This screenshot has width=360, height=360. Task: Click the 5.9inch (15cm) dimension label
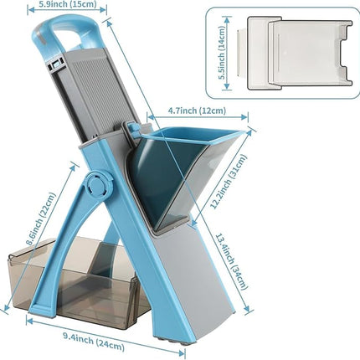(67, 3)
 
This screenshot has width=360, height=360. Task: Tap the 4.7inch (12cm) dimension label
(197, 111)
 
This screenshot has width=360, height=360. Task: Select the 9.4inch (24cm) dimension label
(93, 342)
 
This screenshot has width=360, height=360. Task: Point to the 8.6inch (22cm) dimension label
(40, 219)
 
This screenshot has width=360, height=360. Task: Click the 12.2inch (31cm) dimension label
(228, 182)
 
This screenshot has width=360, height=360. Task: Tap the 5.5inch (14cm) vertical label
(222, 53)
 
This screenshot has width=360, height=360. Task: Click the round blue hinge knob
(98, 185)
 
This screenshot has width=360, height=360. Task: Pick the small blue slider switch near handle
(56, 64)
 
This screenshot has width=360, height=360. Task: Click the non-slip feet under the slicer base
(172, 341)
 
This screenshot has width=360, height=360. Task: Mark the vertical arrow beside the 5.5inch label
(228, 53)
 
